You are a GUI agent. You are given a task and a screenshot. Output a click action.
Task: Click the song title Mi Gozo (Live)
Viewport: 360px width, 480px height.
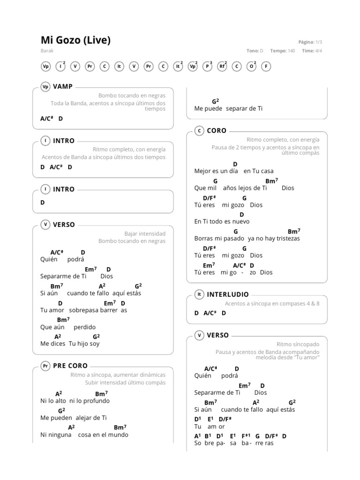tap(75, 40)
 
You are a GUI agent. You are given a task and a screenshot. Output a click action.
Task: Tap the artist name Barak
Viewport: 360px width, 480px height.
tap(46, 51)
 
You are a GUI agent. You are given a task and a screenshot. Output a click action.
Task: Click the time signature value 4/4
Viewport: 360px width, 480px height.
tap(318, 51)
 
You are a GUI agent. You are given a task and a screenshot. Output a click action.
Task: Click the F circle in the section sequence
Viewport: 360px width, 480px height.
tap(266, 67)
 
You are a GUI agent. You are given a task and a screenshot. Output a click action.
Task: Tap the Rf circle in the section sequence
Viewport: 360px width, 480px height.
tap(222, 67)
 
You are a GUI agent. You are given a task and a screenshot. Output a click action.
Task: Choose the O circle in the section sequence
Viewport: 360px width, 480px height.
tap(252, 67)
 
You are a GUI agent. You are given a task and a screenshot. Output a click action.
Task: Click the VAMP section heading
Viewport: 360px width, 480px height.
tap(63, 86)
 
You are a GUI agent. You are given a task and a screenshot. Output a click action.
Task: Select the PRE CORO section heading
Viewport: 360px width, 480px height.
tap(70, 366)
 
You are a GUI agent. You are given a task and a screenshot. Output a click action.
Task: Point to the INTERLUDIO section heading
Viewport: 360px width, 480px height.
tap(228, 294)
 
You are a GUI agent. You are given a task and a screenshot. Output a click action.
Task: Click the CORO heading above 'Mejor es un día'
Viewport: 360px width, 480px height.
tap(217, 131)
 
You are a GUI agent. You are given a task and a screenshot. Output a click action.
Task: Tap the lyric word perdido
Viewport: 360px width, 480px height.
tap(84, 327)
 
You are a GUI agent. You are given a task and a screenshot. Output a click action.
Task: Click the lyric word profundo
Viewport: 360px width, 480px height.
tap(96, 401)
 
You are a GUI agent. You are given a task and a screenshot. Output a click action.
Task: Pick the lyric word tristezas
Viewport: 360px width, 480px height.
tap(285, 238)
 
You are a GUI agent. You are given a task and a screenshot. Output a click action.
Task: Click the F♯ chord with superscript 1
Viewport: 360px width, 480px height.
tap(247, 436)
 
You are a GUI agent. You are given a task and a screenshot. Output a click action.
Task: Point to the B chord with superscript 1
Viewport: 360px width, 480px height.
tap(208, 436)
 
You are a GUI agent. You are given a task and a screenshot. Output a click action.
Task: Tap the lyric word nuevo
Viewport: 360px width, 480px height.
tap(240, 221)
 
